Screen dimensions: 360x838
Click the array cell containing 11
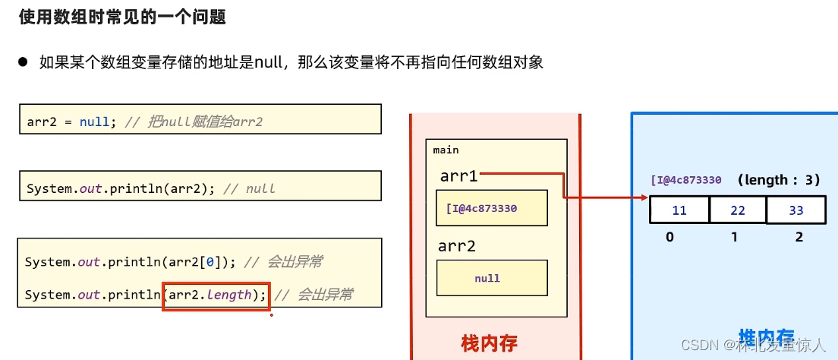679,210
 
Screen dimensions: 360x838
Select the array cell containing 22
737,210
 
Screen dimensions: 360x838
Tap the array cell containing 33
795,210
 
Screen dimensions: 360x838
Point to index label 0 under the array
669,237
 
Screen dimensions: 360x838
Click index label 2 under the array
799,237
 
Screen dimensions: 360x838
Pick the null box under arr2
491,278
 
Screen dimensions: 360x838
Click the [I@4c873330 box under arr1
491,208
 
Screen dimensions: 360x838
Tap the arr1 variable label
458,176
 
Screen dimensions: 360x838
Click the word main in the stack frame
446,150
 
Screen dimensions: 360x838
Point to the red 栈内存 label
489,343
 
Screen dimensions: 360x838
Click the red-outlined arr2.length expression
216,295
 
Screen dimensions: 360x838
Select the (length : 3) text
778,180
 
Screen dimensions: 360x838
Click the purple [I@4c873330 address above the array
685,181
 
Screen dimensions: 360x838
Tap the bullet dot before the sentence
23,62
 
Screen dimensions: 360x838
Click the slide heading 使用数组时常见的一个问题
122,17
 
